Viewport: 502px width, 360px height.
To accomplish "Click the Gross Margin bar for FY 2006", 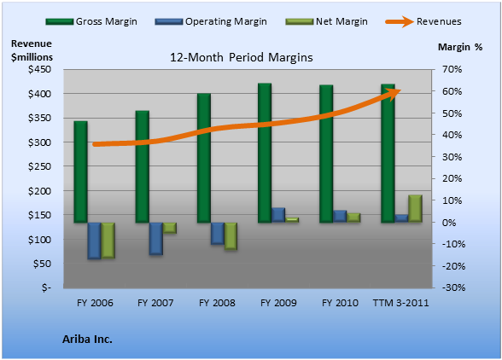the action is tap(80, 171).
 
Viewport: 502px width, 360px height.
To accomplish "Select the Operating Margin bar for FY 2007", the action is tap(156, 239).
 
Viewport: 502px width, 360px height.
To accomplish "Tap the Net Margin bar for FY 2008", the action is tap(231, 236).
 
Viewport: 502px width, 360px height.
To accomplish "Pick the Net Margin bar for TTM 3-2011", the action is tap(415, 208).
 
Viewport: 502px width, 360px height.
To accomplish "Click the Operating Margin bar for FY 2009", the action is tap(278, 215).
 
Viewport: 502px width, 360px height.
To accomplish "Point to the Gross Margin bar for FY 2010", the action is tap(326, 154).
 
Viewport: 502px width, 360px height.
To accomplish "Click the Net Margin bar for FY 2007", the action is tap(170, 228).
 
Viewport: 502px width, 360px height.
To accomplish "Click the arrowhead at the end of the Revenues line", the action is tap(394, 94).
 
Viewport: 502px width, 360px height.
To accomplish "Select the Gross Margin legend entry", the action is tap(91, 21).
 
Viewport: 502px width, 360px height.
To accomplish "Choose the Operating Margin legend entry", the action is tap(211, 21).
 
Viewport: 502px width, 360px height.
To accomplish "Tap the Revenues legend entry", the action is tap(423, 21).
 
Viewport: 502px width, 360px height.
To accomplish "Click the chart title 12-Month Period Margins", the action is tap(241, 58).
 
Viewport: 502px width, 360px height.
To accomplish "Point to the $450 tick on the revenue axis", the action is tap(39, 69).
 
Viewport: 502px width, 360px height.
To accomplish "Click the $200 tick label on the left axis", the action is tap(39, 191).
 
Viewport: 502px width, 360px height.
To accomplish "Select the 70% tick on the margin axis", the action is tap(452, 69).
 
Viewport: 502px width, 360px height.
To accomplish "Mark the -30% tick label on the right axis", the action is tap(453, 287).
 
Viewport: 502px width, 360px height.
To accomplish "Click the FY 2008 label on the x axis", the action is tap(217, 303).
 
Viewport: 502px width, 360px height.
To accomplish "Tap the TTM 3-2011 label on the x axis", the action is tap(401, 303).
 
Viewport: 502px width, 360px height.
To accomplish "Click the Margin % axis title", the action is tap(460, 47).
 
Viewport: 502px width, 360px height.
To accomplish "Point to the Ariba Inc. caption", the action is tap(87, 340).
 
